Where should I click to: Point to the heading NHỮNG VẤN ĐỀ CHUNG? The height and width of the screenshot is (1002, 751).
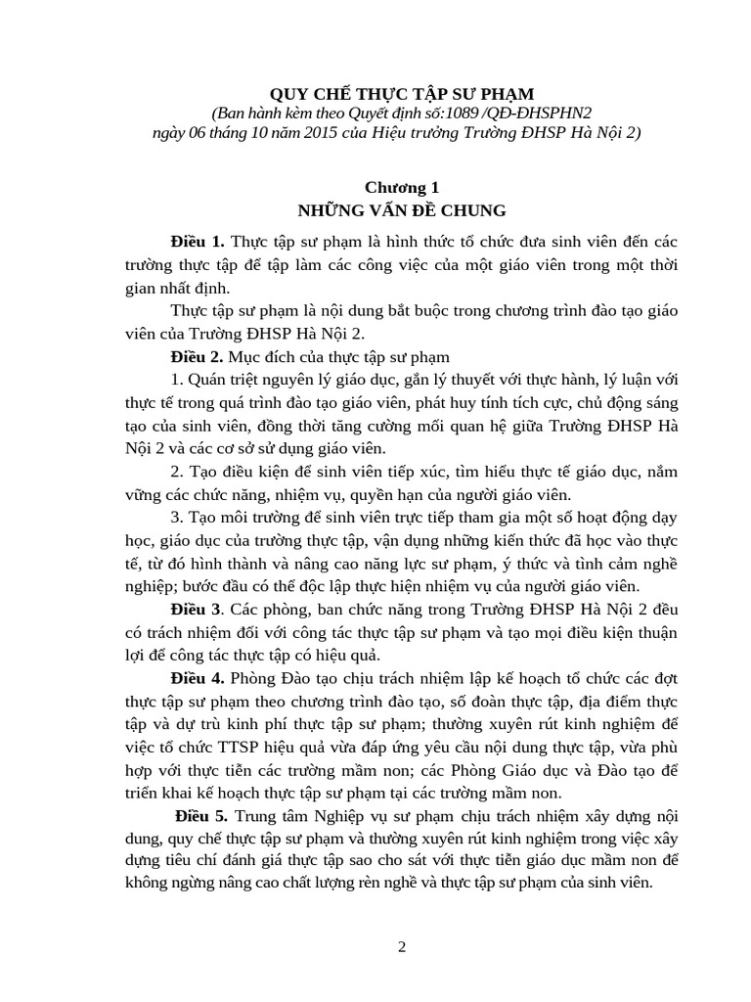pyautogui.click(x=402, y=209)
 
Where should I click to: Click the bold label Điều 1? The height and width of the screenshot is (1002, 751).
pyautogui.click(x=198, y=241)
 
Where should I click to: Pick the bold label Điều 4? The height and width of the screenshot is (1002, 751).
pyautogui.click(x=198, y=678)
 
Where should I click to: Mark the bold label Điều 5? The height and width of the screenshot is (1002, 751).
pyautogui.click(x=201, y=817)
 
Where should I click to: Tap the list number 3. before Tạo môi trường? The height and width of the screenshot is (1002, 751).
pyautogui.click(x=176, y=517)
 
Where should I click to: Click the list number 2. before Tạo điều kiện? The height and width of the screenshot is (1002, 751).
pyautogui.click(x=176, y=471)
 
